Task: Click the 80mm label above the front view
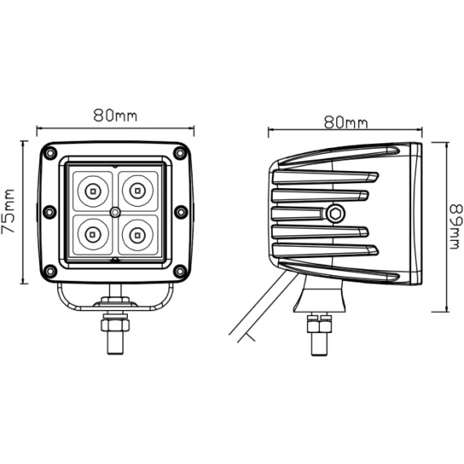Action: [x=116, y=116]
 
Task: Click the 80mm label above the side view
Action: [x=346, y=122]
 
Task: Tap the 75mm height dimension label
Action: [x=8, y=211]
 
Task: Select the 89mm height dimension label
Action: [x=456, y=226]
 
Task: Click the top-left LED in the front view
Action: [x=93, y=191]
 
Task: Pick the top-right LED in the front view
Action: [x=138, y=190]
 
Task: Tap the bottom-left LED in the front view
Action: [x=93, y=234]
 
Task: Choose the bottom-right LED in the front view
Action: [x=138, y=234]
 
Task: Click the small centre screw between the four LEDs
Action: [x=115, y=212]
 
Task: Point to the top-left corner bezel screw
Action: [x=50, y=153]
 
